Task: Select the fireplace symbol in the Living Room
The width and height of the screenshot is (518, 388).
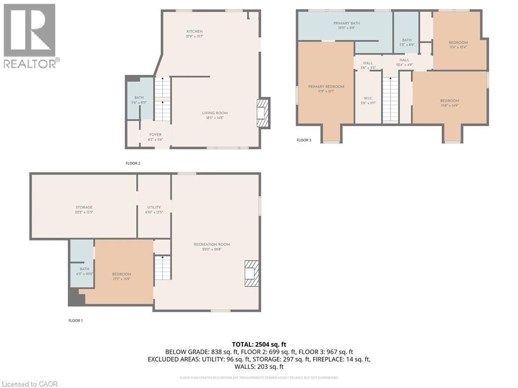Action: tap(262, 112)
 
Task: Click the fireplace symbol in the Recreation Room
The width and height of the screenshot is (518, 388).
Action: tap(251, 273)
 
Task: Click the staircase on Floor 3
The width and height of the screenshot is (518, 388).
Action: tap(390, 99)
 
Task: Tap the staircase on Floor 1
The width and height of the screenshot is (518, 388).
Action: tap(162, 268)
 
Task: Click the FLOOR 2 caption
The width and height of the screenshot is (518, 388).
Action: tap(133, 163)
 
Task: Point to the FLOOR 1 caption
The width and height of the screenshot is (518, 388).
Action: tap(75, 320)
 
